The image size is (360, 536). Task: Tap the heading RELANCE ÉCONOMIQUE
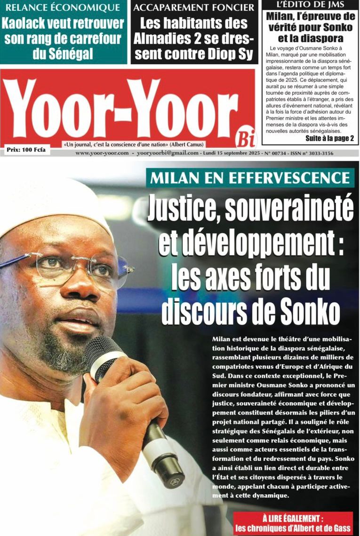(x=64, y=8)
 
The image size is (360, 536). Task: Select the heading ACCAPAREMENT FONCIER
(x=194, y=8)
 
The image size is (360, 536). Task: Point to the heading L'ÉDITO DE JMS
(x=310, y=5)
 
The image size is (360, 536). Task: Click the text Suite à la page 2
(x=329, y=139)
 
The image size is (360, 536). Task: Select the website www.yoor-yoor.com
(x=102, y=153)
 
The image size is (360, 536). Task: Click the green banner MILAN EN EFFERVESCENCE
(x=250, y=178)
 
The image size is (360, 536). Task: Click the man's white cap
(x=52, y=202)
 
